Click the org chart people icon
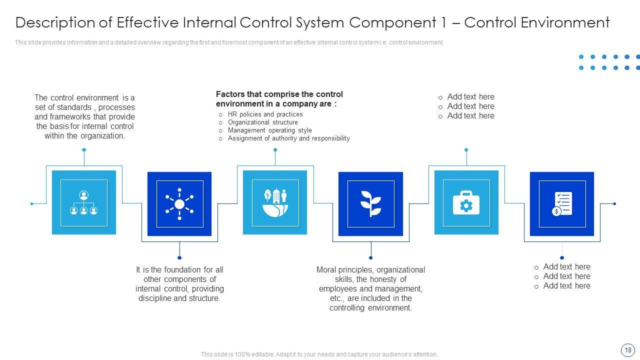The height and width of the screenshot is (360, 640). [83, 202]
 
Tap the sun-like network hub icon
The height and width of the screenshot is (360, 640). [179, 204]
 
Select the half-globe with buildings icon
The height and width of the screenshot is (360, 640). [275, 202]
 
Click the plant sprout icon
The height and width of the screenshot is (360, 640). [370, 203]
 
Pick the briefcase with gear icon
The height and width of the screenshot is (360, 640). [466, 202]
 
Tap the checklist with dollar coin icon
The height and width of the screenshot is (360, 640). [562, 204]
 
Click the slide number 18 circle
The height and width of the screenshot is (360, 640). [627, 350]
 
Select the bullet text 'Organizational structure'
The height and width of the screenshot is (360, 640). [262, 122]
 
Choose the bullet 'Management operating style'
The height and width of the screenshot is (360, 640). [269, 130]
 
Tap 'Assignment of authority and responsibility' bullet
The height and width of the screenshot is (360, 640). [288, 138]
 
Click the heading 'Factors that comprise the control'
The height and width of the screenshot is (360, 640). [279, 94]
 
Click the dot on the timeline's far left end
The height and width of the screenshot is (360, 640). [32, 203]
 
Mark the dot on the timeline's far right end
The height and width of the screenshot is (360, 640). [614, 203]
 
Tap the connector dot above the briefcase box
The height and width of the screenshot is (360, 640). [466, 149]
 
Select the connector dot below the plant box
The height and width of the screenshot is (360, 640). [370, 258]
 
